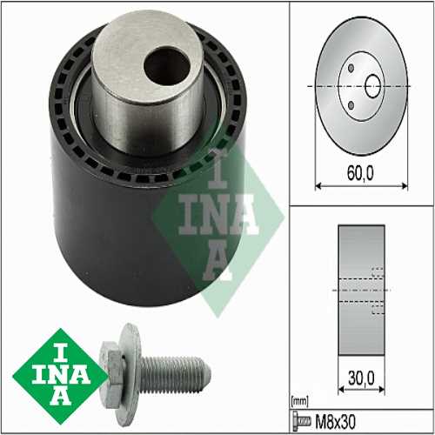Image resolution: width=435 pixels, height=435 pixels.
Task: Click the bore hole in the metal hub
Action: click(163, 64)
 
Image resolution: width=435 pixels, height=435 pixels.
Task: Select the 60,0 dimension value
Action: click(358, 173)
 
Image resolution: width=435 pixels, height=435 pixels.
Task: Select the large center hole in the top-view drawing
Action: click(373, 86)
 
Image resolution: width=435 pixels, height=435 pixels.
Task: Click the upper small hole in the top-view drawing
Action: click(350, 69)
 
